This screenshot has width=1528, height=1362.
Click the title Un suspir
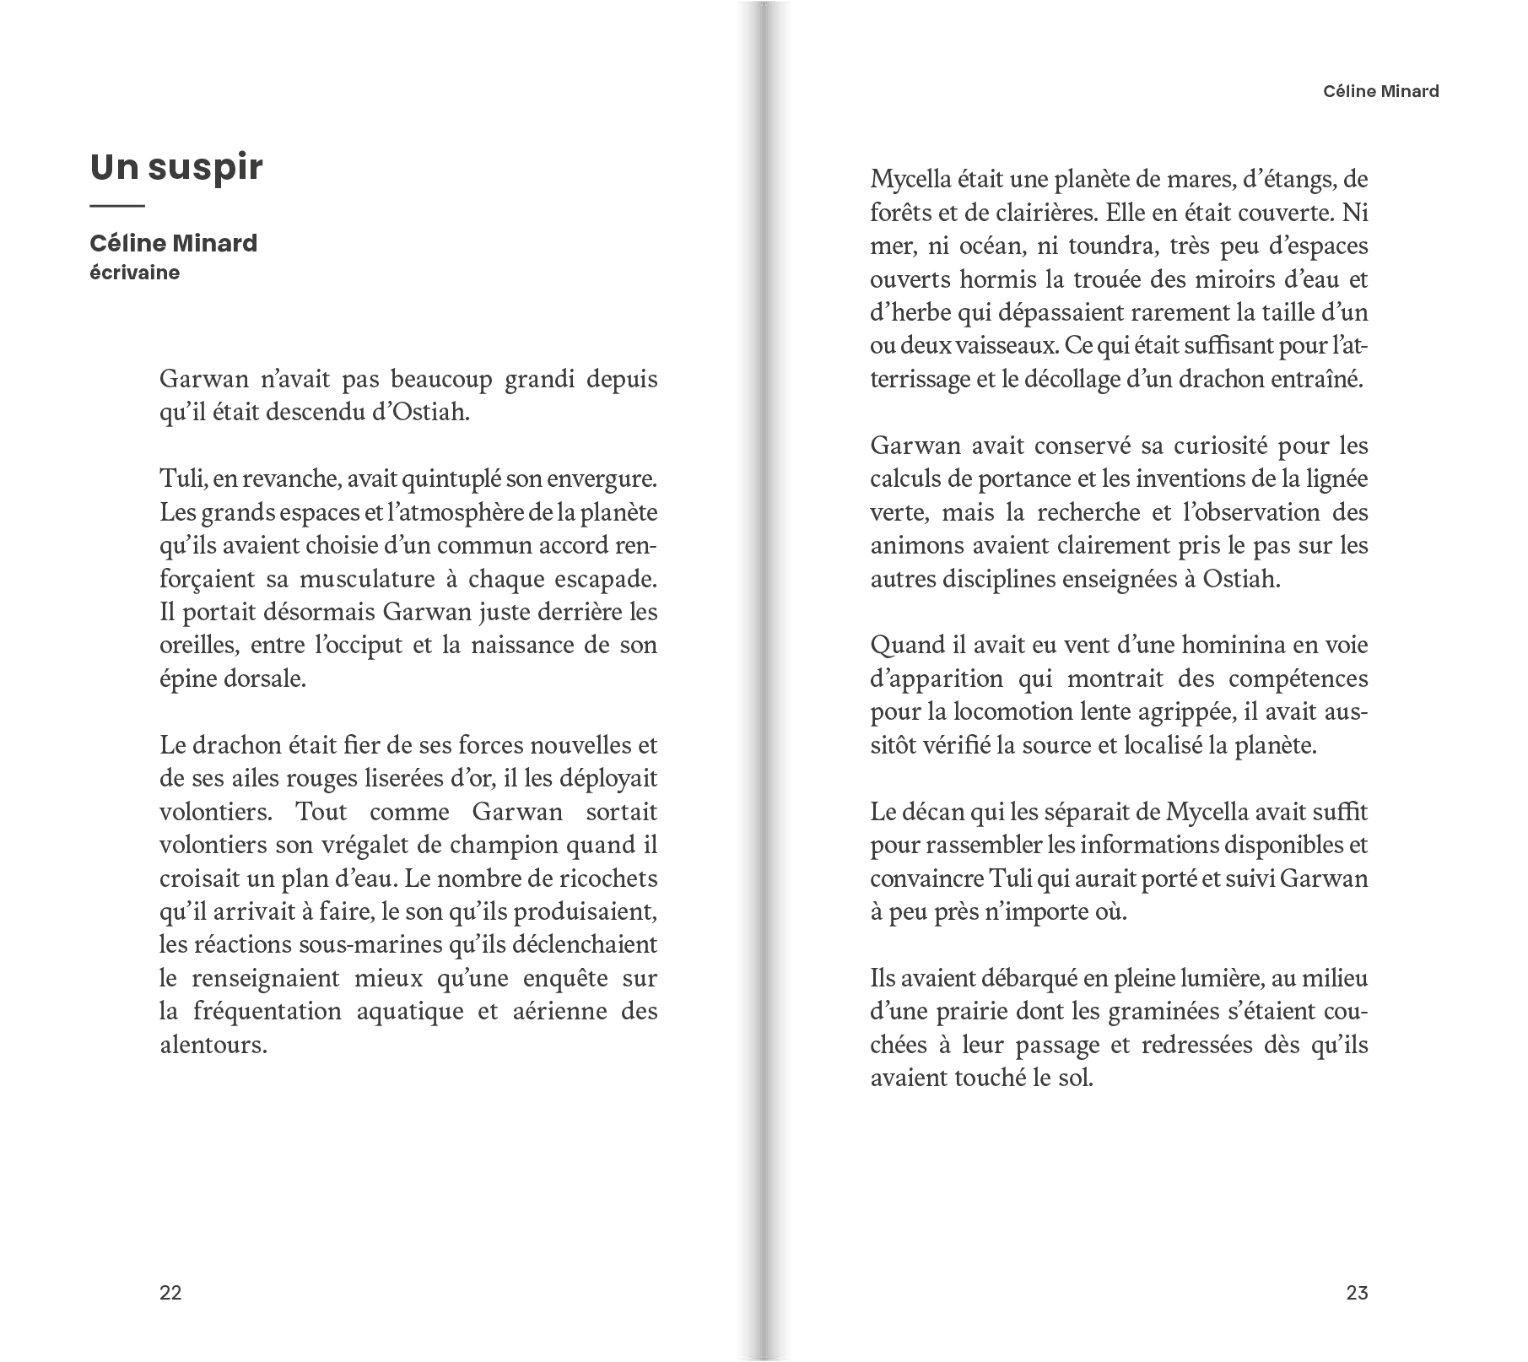176,167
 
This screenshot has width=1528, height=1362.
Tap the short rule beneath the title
117,206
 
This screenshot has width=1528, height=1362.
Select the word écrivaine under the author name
134,273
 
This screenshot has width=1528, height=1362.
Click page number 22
170,1293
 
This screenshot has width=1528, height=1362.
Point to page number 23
1357,1293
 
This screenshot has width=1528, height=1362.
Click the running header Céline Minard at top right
1380,92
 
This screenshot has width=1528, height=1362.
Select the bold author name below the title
173,243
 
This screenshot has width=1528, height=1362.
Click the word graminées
1196,1011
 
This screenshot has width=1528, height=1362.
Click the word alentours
213,1045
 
